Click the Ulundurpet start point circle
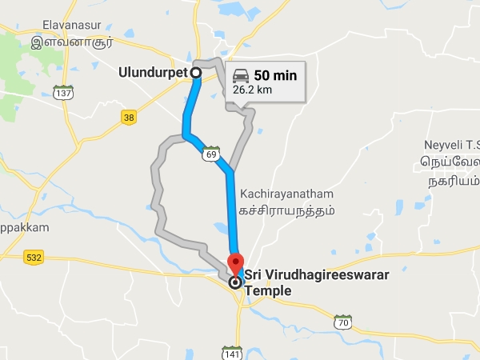[x=195, y=73]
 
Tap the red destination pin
[x=235, y=262]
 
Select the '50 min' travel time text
[x=275, y=75]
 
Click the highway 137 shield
[x=63, y=94]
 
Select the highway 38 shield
[x=130, y=118]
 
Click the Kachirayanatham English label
[x=286, y=194]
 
